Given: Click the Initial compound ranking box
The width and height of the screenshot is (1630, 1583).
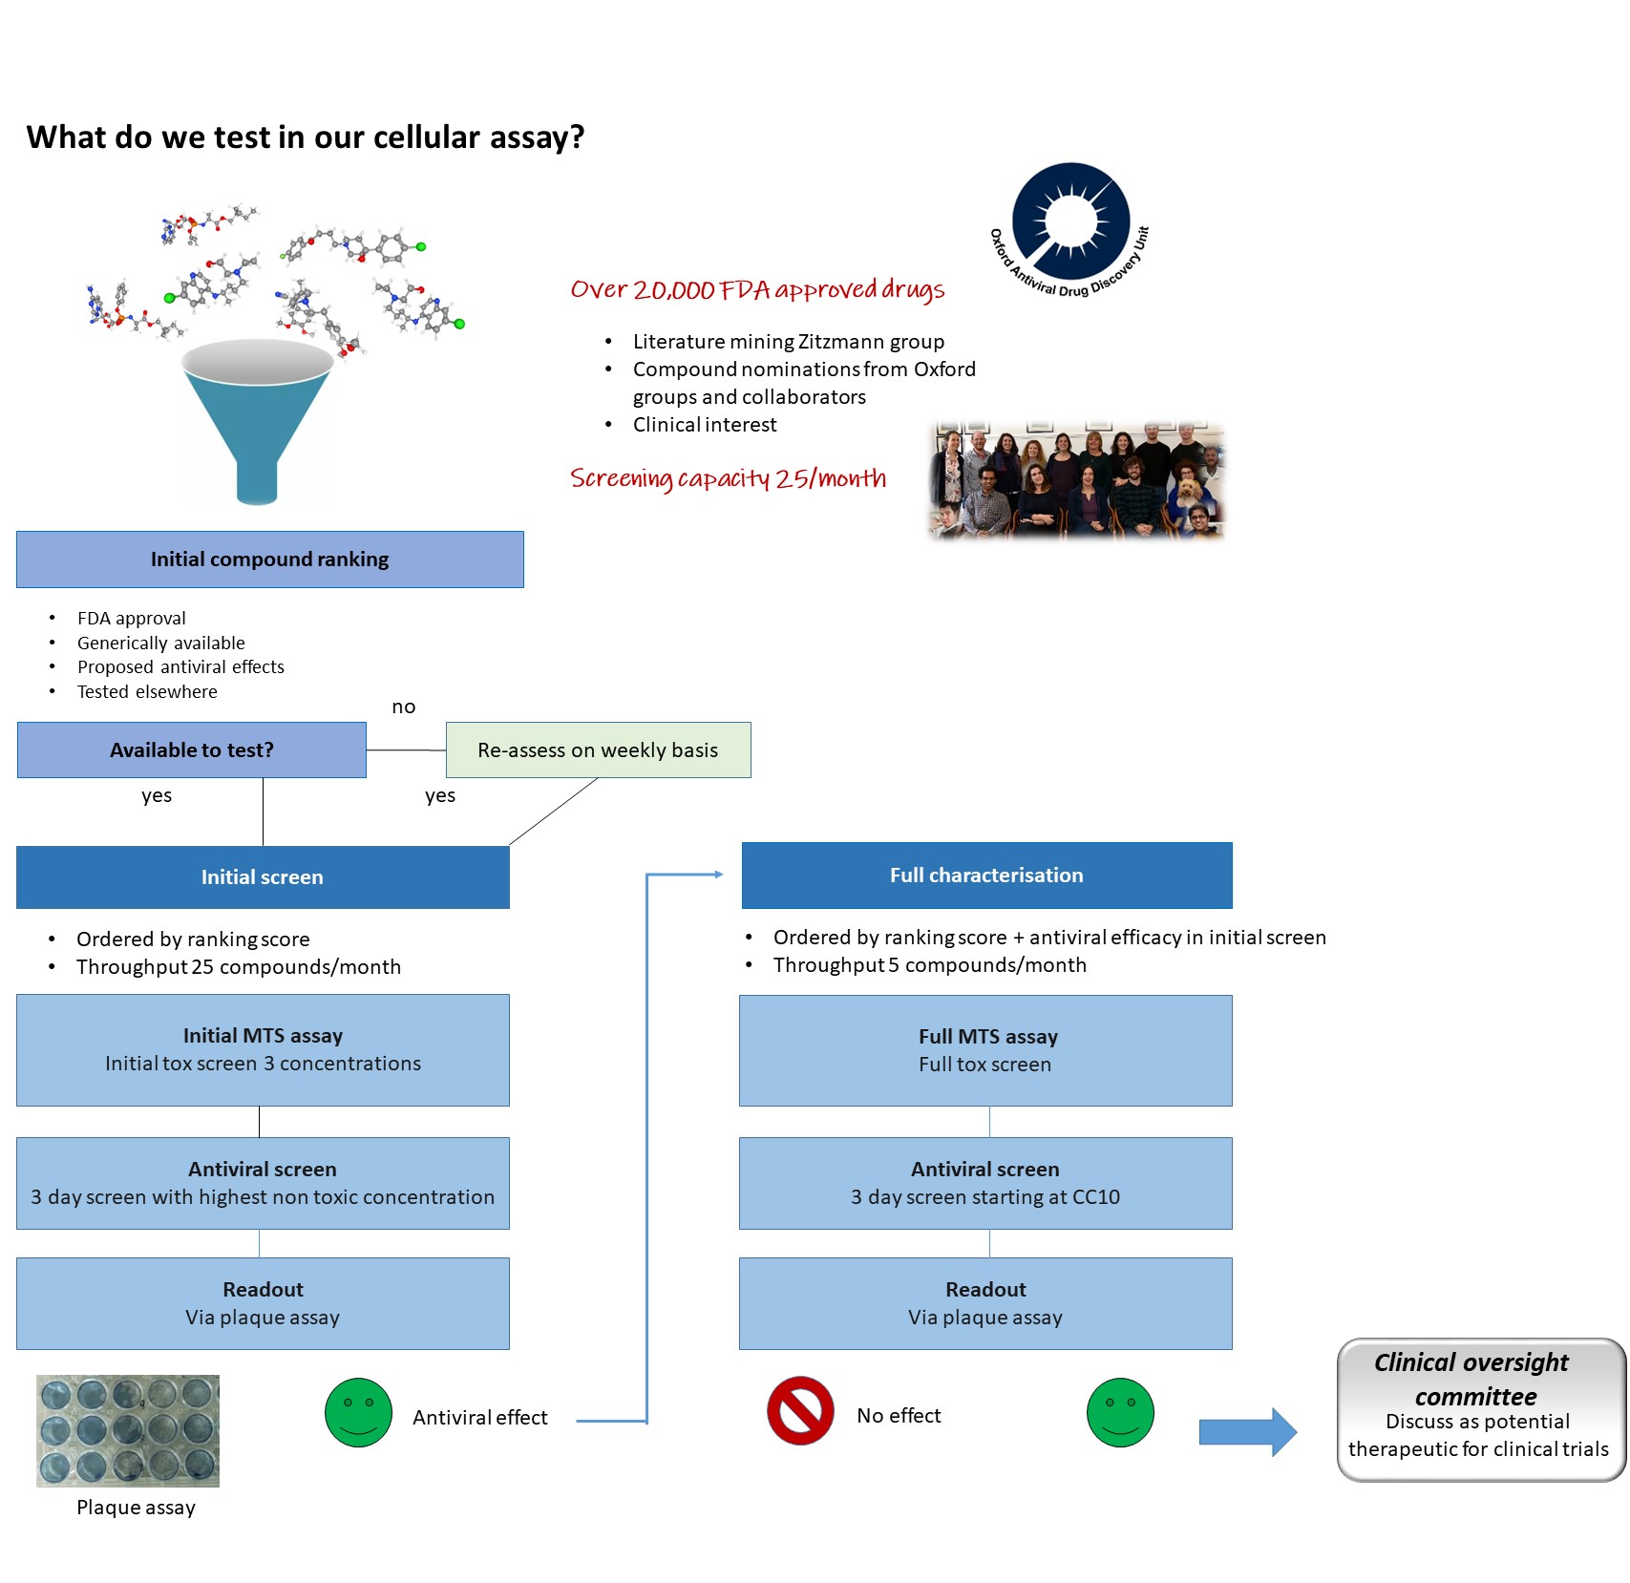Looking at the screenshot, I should tap(269, 559).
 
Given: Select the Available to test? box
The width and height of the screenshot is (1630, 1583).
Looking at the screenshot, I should tap(191, 750).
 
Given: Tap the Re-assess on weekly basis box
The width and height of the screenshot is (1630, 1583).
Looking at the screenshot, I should tap(598, 750).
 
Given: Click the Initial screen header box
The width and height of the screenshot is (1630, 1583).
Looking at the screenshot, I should tap(263, 877).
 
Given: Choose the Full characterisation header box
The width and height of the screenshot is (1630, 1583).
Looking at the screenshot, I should tap(986, 876).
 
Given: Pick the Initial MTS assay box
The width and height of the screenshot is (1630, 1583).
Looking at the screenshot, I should tap(263, 1050).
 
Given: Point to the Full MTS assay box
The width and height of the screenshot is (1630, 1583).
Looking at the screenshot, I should tap(985, 1050).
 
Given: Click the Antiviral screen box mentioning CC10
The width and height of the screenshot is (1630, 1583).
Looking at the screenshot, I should tap(985, 1183).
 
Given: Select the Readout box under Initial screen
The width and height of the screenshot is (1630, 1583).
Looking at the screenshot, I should tap(263, 1303).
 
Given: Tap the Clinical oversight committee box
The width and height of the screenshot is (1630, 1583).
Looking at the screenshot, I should tap(1480, 1409).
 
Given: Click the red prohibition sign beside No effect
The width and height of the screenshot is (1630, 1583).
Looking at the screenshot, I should tap(800, 1410).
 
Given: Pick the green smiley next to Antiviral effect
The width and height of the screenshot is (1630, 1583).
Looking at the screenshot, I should tap(358, 1412).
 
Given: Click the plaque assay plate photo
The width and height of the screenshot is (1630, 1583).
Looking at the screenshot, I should tap(128, 1430).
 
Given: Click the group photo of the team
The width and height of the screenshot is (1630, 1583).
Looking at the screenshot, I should tap(1076, 481).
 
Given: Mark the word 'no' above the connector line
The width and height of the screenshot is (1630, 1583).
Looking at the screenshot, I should tap(403, 707).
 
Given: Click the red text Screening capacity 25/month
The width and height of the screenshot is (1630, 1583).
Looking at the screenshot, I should tap(728, 478).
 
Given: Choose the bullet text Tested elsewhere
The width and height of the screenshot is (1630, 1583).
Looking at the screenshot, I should tap(147, 691).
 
